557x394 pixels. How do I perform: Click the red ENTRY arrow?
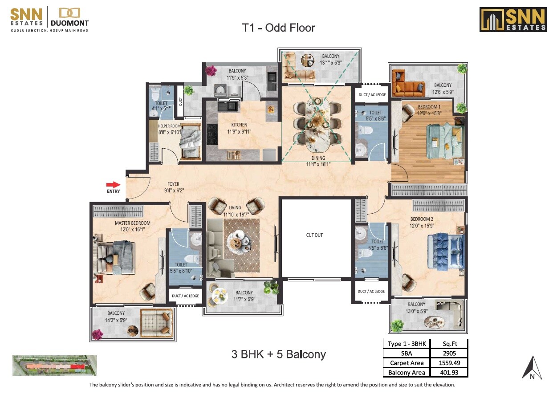(x=113, y=184)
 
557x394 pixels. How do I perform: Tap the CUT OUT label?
(x=314, y=235)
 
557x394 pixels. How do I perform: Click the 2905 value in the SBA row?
(x=449, y=353)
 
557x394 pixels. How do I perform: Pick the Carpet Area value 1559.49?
(x=449, y=363)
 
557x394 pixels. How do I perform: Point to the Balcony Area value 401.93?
(x=449, y=373)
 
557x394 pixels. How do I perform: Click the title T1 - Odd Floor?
(x=278, y=28)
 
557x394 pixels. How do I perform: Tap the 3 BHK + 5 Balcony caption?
(x=278, y=354)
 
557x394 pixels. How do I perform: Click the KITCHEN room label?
(x=239, y=125)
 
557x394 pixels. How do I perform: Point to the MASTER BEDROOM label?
(x=132, y=223)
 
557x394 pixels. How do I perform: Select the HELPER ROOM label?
(x=169, y=126)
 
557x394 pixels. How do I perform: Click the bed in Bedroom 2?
(x=446, y=251)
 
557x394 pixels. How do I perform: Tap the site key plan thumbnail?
(x=54, y=366)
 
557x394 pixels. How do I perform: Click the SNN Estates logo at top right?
(x=512, y=20)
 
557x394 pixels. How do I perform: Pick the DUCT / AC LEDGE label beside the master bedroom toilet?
(x=185, y=296)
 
